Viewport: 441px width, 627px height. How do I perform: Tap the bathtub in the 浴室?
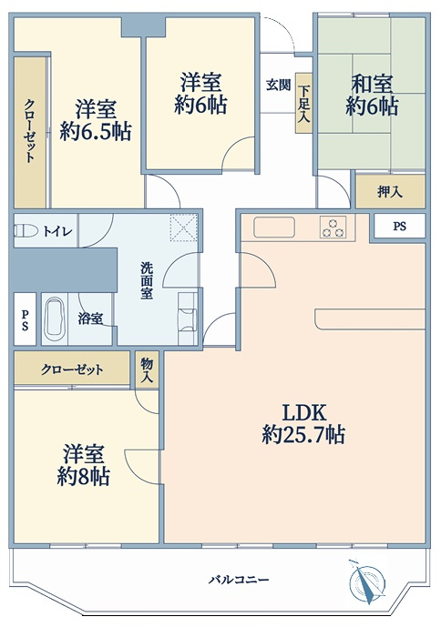(x=55, y=319)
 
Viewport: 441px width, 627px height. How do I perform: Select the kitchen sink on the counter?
(x=274, y=228)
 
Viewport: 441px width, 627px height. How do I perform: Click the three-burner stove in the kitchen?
(x=333, y=228)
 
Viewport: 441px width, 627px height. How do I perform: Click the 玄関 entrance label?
(x=278, y=85)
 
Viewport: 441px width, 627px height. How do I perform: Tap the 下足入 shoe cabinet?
(x=304, y=103)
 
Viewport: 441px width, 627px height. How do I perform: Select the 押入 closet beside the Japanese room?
(x=390, y=191)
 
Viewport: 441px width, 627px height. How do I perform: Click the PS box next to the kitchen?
(x=399, y=227)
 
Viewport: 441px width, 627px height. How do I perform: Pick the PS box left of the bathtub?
(x=25, y=319)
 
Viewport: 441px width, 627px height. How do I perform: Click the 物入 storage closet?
(x=147, y=369)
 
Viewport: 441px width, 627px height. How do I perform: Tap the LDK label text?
(x=304, y=412)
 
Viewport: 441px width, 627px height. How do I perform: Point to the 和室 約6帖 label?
(x=372, y=96)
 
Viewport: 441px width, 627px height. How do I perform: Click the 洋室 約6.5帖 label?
(x=97, y=120)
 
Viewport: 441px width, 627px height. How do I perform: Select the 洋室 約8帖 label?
(x=83, y=465)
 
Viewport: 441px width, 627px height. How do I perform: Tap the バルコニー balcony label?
(x=239, y=580)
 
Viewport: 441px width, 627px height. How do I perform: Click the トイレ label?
(x=57, y=231)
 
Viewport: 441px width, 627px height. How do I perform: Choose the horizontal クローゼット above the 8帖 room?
(x=72, y=369)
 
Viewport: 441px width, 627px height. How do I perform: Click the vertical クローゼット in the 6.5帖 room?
(x=30, y=132)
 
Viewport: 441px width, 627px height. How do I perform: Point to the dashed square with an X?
(x=184, y=228)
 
